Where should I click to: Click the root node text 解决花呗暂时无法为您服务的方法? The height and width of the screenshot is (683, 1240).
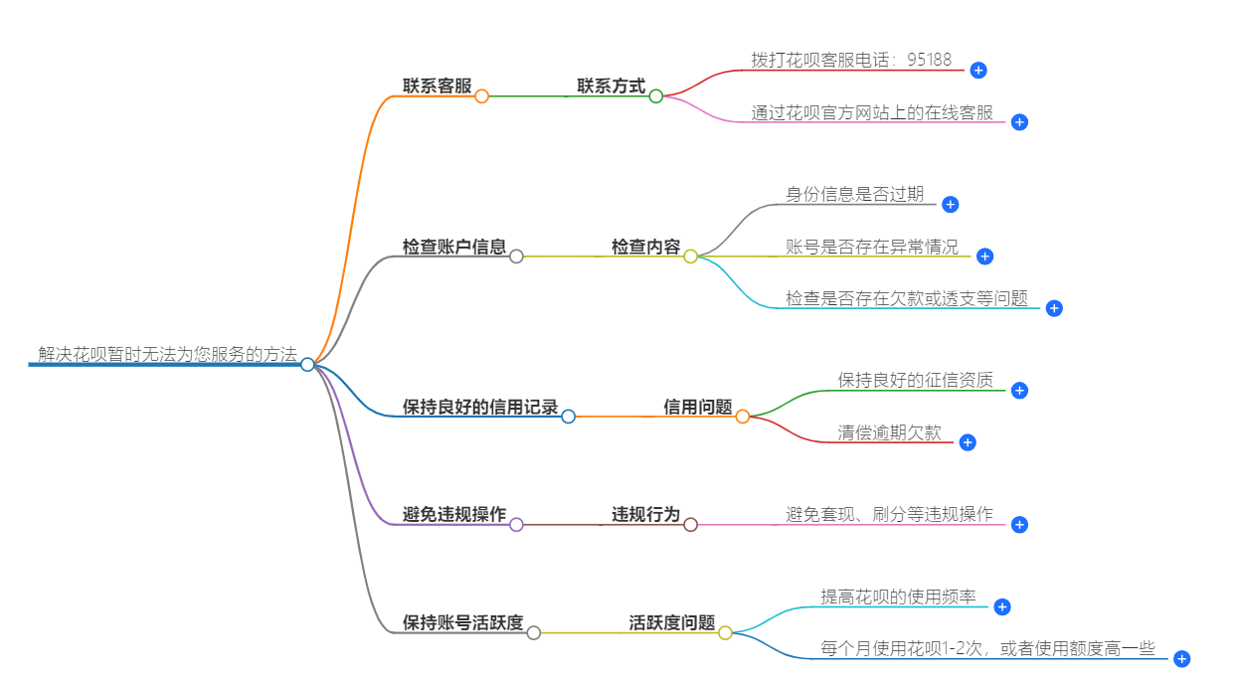tap(167, 354)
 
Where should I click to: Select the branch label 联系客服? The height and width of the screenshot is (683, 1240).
tap(437, 86)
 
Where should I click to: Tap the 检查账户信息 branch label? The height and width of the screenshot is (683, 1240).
tap(454, 247)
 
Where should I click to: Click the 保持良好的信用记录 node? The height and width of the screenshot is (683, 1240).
tap(480, 407)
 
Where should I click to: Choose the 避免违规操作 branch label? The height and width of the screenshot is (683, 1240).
tap(454, 515)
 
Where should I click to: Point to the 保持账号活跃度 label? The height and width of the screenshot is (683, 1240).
tap(462, 623)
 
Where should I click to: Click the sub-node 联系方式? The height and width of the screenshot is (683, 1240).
tap(611, 86)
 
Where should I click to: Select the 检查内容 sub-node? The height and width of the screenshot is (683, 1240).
tap(645, 247)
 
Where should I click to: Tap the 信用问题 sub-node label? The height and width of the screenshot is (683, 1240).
tap(698, 407)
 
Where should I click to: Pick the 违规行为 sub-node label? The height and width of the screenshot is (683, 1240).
tap(645, 515)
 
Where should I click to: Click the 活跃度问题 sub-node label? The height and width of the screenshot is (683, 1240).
tap(671, 623)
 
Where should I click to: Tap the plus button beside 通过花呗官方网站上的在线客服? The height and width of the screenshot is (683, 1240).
tap(1019, 122)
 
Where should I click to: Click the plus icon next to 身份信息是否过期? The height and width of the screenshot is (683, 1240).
tap(950, 204)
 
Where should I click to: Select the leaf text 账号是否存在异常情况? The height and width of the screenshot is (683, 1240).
tap(872, 247)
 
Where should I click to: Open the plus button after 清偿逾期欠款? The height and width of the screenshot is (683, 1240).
tap(968, 442)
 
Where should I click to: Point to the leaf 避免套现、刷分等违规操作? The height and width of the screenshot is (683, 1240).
tap(889, 515)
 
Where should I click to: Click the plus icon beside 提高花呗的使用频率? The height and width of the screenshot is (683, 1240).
tap(1002, 606)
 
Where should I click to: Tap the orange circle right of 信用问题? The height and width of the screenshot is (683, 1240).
tap(742, 417)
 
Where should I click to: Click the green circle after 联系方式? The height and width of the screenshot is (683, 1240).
tap(655, 96)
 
